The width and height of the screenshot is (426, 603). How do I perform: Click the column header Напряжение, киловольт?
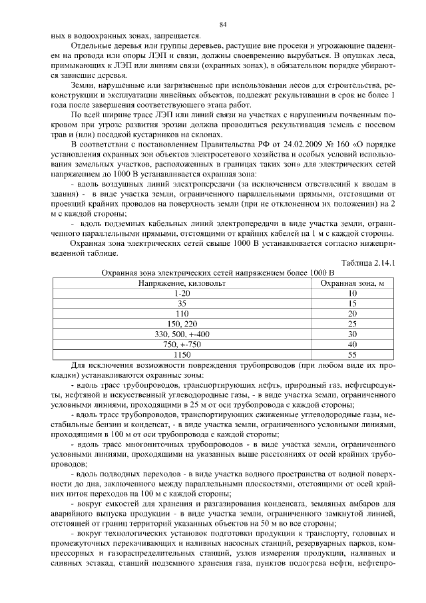click(182, 283)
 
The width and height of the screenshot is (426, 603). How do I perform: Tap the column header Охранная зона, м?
click(353, 283)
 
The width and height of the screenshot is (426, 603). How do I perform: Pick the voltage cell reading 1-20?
click(182, 293)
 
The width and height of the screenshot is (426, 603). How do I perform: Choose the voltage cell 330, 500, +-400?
click(182, 334)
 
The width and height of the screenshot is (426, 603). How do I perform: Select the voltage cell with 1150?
click(182, 354)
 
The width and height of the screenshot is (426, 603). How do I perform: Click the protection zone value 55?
click(353, 354)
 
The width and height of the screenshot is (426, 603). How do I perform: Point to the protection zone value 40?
click(353, 344)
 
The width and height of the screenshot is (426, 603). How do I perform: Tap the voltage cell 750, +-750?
click(182, 344)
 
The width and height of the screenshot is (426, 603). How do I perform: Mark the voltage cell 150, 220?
click(182, 324)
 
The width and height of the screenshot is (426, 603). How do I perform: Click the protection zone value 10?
click(353, 293)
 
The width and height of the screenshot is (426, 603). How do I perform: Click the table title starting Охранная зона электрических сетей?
click(217, 273)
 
